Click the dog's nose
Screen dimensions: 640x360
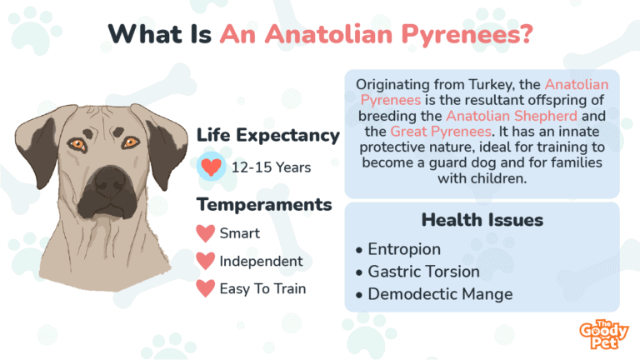pyautogui.click(x=110, y=182)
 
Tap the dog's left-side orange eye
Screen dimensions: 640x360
pyautogui.click(x=77, y=144)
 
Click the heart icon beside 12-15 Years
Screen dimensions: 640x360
pyautogui.click(x=211, y=167)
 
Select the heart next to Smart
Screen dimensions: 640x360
pyautogui.click(x=205, y=233)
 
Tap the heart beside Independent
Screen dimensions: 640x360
pyautogui.click(x=205, y=261)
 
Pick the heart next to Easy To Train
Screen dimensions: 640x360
pyautogui.click(x=205, y=288)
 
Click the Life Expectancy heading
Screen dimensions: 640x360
pyautogui.click(x=267, y=135)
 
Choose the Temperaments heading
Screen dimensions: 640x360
pyautogui.click(x=264, y=204)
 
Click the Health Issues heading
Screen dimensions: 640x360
pyautogui.click(x=482, y=220)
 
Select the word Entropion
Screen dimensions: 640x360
pyautogui.click(x=404, y=249)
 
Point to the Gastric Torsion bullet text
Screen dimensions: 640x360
pyautogui.click(x=423, y=272)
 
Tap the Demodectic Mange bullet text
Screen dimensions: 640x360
pyautogui.click(x=440, y=294)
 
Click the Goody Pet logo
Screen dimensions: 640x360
pyautogui.click(x=603, y=335)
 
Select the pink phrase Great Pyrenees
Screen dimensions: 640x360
pyautogui.click(x=441, y=132)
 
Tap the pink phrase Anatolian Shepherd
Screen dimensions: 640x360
pyautogui.click(x=512, y=116)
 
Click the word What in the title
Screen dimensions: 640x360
pyautogui.click(x=145, y=34)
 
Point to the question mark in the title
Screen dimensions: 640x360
pyautogui.click(x=527, y=33)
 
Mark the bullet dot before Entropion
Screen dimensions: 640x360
pyautogui.click(x=359, y=250)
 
